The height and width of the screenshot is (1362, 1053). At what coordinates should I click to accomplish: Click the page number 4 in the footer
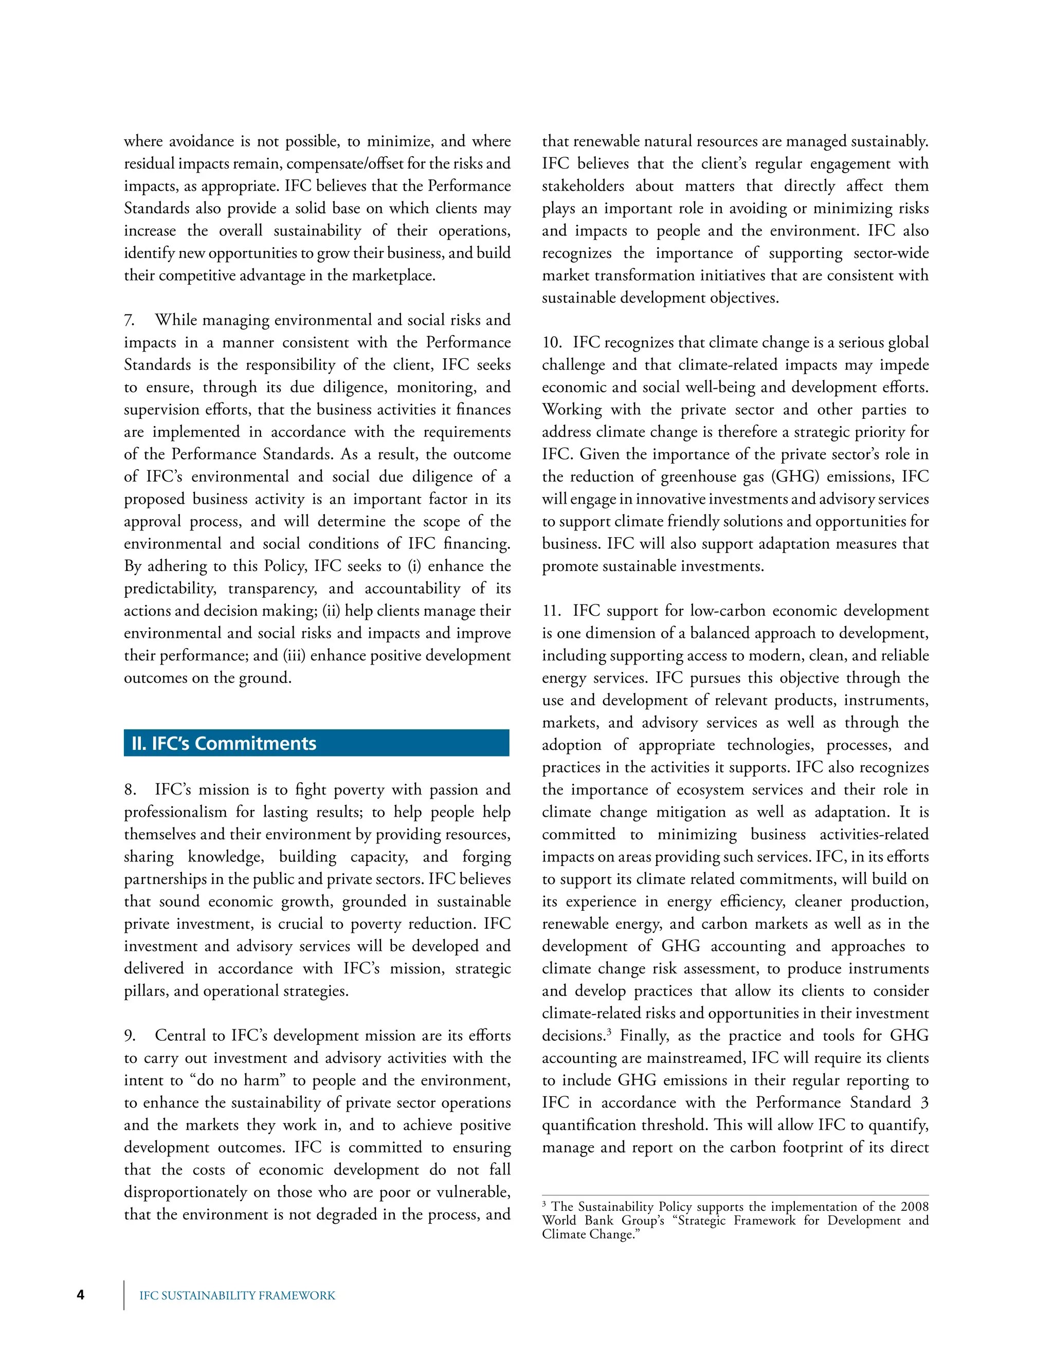pos(81,1295)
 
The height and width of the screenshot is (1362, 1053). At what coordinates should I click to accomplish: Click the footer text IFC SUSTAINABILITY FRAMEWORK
pos(237,1295)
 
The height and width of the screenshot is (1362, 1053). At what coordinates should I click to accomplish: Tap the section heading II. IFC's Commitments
pos(224,743)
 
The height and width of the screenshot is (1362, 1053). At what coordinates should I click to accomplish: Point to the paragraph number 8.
pos(130,789)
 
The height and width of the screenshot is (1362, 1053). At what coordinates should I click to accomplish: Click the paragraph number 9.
pos(130,1035)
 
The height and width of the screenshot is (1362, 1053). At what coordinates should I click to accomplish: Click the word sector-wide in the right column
pos(891,253)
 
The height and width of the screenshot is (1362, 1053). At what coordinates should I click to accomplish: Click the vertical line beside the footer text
pos(123,1295)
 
